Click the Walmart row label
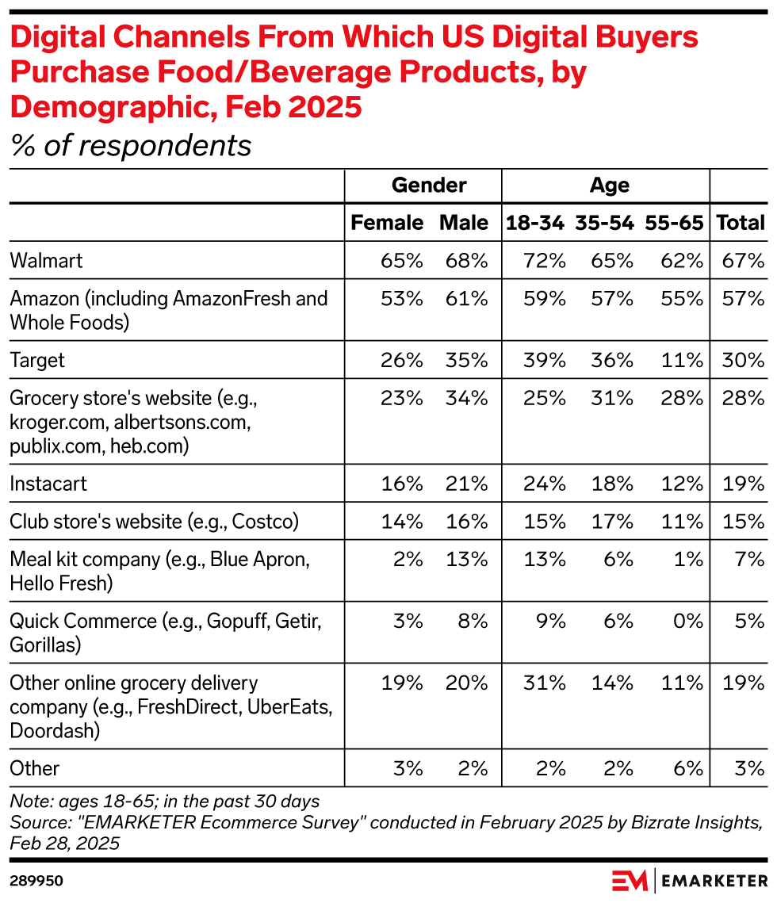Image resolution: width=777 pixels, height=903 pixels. coord(46,260)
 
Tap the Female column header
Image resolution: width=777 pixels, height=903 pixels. coord(387,223)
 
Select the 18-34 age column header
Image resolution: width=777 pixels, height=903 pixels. coord(535,223)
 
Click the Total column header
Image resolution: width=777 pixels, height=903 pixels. coord(741,223)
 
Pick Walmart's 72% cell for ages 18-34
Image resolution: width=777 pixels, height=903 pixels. coord(545,260)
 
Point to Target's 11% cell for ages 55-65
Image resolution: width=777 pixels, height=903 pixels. coord(683,360)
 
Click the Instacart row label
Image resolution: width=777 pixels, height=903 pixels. coord(48,484)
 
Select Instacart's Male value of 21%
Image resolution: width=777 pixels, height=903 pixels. coord(467,484)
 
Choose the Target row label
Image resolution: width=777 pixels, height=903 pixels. coord(37,360)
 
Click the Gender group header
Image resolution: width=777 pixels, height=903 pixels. coord(429,186)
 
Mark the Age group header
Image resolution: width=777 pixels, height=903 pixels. coord(610,186)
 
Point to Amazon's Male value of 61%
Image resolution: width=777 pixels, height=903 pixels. coord(467,298)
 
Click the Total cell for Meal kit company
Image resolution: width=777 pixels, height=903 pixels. coord(748,560)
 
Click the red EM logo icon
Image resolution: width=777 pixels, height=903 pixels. coord(630,881)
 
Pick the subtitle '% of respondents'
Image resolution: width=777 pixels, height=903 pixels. coord(131,145)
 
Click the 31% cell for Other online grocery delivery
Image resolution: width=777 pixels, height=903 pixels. coord(545,683)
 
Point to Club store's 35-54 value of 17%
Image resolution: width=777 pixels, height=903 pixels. coord(614,522)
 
